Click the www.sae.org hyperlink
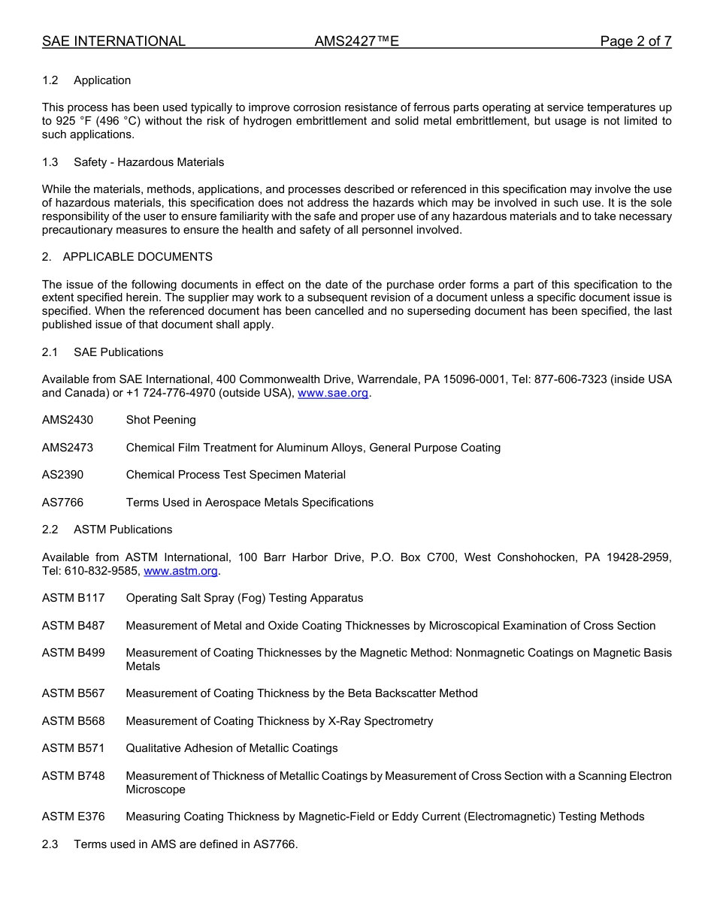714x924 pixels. [333, 393]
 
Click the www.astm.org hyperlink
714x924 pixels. [180, 571]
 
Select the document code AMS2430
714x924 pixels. [68, 420]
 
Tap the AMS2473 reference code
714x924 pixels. [68, 448]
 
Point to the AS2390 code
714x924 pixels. [62, 475]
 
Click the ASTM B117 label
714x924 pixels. [74, 598]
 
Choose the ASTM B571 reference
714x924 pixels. [74, 748]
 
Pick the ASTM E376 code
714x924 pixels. [74, 817]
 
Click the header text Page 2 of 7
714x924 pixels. [635, 41]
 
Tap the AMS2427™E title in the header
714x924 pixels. [356, 41]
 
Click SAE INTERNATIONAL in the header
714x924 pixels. [113, 41]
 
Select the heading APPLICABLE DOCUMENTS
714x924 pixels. [138, 257]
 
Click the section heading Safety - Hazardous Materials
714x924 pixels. [149, 162]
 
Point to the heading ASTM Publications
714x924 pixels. [123, 530]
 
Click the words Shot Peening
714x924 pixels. [161, 420]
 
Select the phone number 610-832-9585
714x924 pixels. [103, 571]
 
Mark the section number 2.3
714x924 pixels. [50, 844]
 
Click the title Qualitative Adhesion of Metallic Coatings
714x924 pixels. [231, 748]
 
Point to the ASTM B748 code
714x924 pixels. [74, 776]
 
